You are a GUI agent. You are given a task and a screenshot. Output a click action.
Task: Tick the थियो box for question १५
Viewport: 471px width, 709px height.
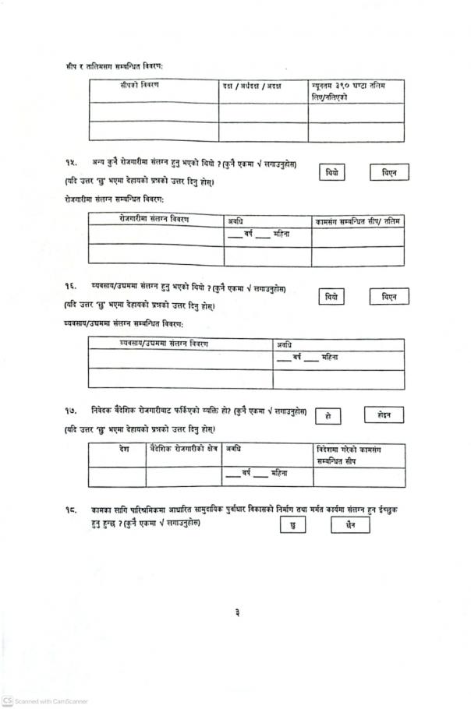coord(332,173)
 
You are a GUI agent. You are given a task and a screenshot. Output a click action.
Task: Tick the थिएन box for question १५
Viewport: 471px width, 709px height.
coord(390,173)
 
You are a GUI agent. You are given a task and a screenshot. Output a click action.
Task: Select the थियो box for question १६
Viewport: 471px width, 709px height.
coord(332,297)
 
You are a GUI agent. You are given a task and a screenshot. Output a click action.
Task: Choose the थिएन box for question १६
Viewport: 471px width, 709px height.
coord(390,297)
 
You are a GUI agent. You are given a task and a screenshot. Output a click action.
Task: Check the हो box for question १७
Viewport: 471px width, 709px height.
coord(328,416)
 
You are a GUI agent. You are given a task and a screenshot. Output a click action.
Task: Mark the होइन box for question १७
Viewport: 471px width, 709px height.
coord(384,415)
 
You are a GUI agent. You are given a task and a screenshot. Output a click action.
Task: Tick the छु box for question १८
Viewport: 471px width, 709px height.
coord(292,526)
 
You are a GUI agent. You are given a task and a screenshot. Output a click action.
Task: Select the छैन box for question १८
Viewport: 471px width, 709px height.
coord(350,526)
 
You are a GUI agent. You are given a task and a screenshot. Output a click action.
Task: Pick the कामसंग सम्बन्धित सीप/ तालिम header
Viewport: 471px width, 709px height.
coord(358,222)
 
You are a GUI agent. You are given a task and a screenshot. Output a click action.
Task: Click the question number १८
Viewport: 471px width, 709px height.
coord(71,510)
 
